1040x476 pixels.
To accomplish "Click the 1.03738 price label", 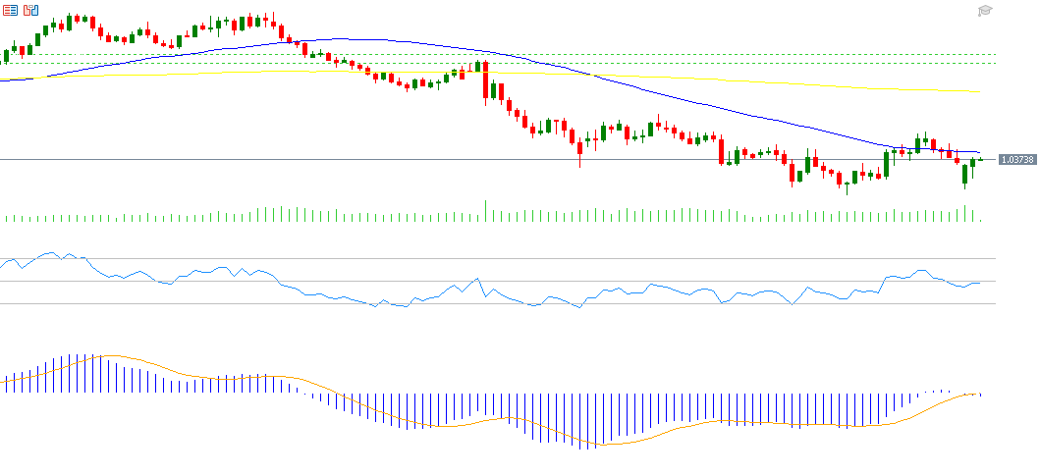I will [1015, 159].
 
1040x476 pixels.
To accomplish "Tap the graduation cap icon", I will [985, 11].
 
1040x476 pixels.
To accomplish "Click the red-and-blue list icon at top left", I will [11, 10].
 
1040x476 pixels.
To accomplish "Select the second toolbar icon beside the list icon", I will [31, 10].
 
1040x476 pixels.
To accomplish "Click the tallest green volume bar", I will [485, 211].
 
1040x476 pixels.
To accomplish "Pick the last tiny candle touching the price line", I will [980, 159].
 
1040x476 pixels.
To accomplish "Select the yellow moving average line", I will [786, 82].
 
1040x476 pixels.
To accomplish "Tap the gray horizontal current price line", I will [295, 159].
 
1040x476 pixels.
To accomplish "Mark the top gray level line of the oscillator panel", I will [491, 259].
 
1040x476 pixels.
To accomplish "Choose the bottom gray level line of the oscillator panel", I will [491, 303].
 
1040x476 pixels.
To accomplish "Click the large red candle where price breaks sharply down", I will [485, 82].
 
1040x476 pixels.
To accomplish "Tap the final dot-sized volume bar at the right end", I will [980, 220].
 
